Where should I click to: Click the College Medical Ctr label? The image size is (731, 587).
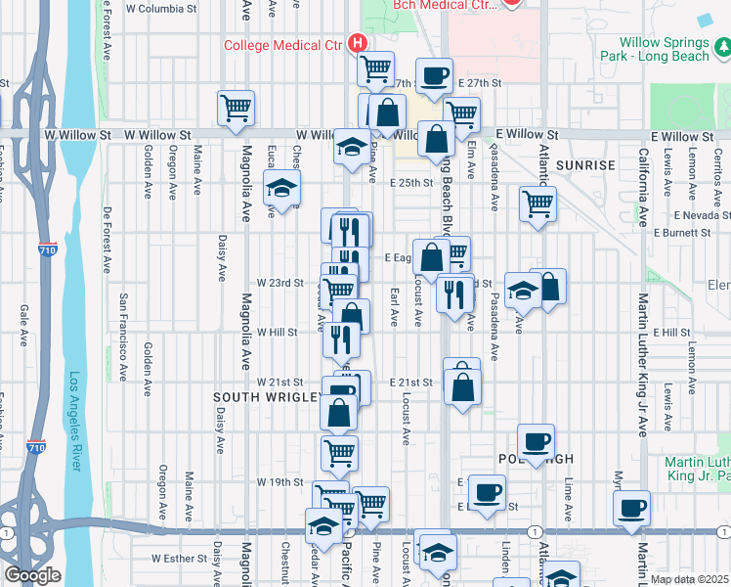click(284, 44)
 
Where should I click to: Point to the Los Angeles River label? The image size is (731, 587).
click(74, 421)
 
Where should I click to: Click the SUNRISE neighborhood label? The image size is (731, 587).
click(585, 165)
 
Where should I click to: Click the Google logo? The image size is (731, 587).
click(32, 575)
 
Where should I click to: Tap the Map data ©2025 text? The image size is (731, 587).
click(690, 579)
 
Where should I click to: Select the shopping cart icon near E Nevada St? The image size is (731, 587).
click(537, 204)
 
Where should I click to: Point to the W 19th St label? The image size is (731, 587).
click(280, 482)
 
